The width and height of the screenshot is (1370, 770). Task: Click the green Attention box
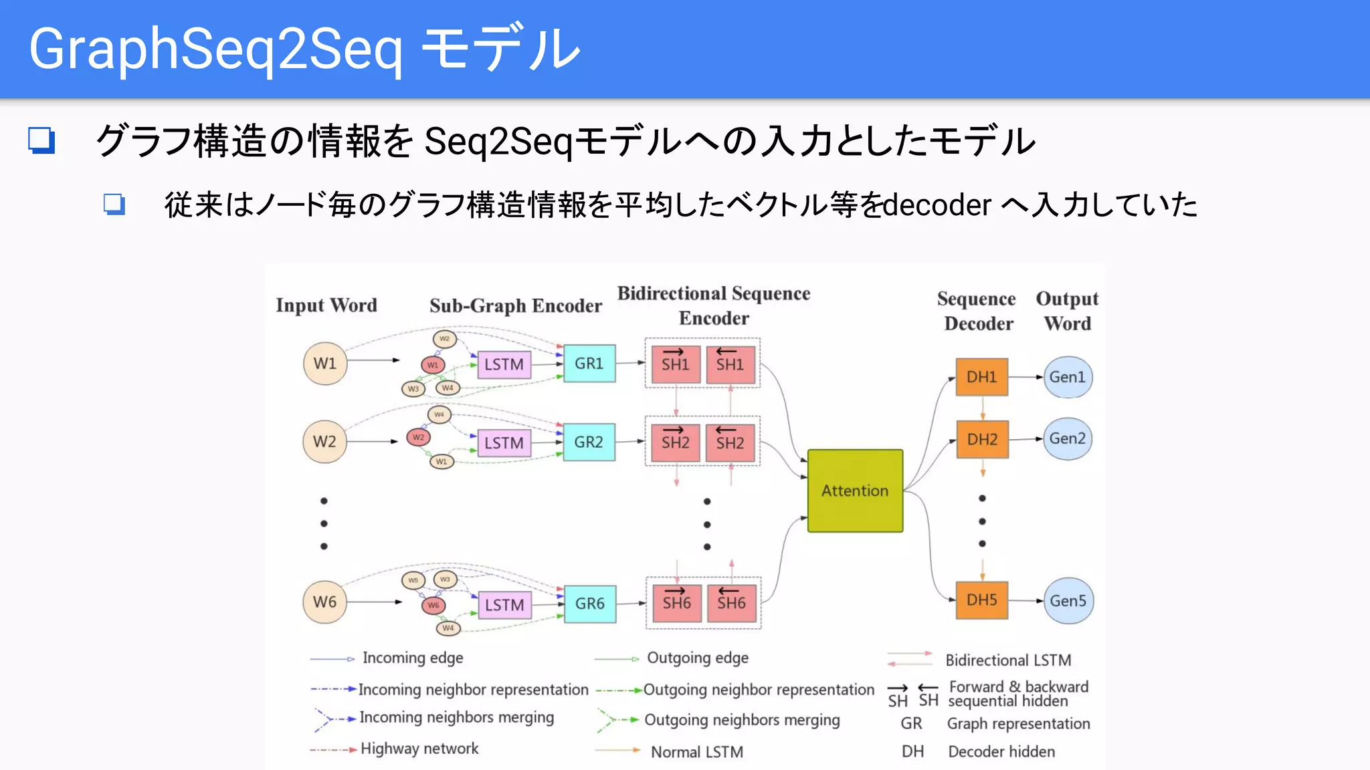pyautogui.click(x=855, y=491)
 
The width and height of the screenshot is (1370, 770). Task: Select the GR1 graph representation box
pyautogui.click(x=589, y=364)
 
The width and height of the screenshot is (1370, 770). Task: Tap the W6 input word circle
pyautogui.click(x=324, y=602)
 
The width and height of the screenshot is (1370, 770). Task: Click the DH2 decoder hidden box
pyautogui.click(x=981, y=439)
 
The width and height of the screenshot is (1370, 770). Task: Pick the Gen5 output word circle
pyautogui.click(x=1068, y=600)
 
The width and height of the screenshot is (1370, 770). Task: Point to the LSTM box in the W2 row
pyautogui.click(x=504, y=442)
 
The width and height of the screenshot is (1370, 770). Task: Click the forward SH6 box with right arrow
pyautogui.click(x=676, y=603)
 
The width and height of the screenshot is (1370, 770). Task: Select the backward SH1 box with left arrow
pyautogui.click(x=730, y=364)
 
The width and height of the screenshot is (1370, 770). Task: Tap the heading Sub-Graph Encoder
pyautogui.click(x=515, y=305)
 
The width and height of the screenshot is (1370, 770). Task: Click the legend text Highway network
pyautogui.click(x=419, y=749)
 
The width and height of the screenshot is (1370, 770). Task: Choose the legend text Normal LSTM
pyautogui.click(x=697, y=752)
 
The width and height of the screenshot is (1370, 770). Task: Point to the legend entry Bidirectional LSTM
pyautogui.click(x=1007, y=660)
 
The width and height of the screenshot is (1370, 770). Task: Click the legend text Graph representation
pyautogui.click(x=1018, y=723)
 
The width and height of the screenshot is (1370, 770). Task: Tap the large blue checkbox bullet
pyautogui.click(x=41, y=140)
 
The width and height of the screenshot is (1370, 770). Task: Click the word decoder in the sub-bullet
pyautogui.click(x=937, y=205)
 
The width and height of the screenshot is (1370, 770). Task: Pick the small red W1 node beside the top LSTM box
pyautogui.click(x=433, y=365)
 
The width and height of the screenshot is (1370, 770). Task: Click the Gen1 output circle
pyautogui.click(x=1067, y=377)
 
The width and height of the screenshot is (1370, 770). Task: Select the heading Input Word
pyautogui.click(x=326, y=305)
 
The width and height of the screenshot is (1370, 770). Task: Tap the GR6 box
pyautogui.click(x=589, y=604)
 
